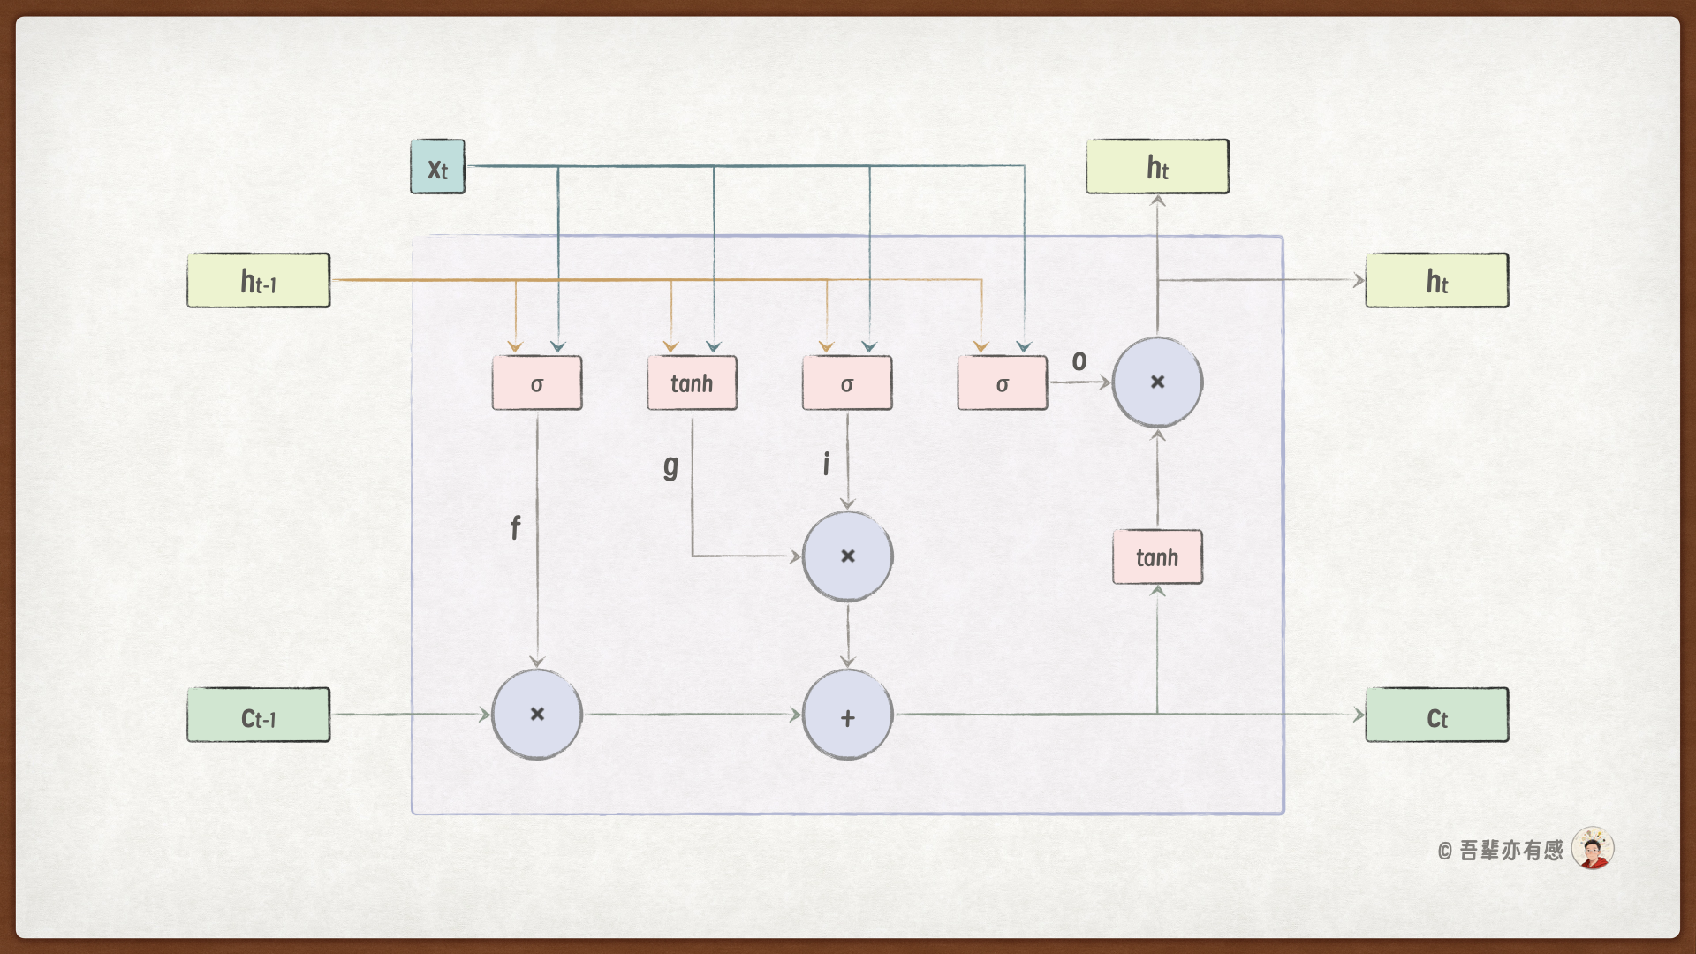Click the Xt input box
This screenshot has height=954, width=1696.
coord(437,167)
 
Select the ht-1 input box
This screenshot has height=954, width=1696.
coord(258,281)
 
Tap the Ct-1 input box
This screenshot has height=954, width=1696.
coord(258,715)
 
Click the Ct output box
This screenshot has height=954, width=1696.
coord(1437,715)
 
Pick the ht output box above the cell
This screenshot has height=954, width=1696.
coord(1157,166)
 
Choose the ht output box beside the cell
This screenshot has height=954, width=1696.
coord(1437,281)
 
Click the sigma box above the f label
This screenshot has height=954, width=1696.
coord(537,383)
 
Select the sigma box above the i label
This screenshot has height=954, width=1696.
coord(847,383)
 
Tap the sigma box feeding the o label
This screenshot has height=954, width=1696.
coord(1003,383)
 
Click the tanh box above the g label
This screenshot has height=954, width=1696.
coord(692,383)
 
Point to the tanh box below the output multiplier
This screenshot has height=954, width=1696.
coord(1157,557)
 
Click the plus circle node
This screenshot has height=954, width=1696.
coord(848,715)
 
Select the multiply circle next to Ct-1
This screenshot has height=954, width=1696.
coord(537,715)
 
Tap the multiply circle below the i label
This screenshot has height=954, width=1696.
coord(848,556)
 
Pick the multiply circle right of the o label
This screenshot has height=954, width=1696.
coord(1157,382)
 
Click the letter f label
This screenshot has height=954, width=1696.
coord(516,528)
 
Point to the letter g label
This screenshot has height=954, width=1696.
coord(671,466)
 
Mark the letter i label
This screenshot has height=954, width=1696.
coord(827,464)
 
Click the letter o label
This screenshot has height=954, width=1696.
coord(1079,361)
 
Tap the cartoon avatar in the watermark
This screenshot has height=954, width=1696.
coord(1593,849)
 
